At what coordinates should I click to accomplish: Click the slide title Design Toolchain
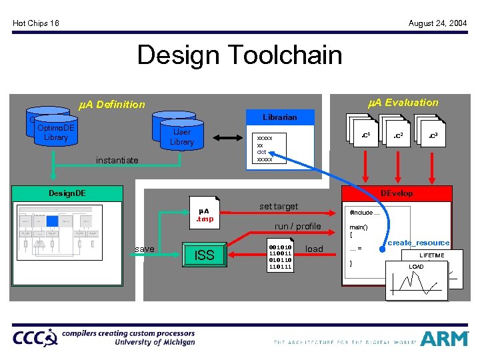pos(239,55)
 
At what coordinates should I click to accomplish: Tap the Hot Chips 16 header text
pos(36,23)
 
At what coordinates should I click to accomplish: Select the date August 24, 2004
pos(437,23)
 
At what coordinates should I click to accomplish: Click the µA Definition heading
pos(111,104)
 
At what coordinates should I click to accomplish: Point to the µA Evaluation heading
pos(403,102)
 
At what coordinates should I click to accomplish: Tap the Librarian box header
pos(280,117)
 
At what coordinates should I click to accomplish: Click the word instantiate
pos(117,160)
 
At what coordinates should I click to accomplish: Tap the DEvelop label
pos(396,193)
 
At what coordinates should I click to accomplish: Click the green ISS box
pos(204,255)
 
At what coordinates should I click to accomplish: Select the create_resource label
pos(418,243)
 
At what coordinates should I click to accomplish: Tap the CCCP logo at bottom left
pos(35,337)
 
